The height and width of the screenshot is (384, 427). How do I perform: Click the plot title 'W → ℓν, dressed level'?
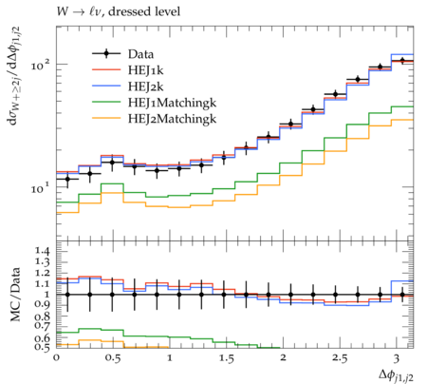pyautogui.click(x=119, y=11)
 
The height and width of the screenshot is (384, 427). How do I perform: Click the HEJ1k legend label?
pyautogui.click(x=146, y=70)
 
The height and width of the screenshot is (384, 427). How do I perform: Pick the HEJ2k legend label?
pyautogui.click(x=146, y=86)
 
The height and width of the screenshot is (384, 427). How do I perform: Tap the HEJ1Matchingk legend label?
pyautogui.click(x=173, y=103)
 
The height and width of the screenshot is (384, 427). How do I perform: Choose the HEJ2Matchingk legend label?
pyautogui.click(x=173, y=119)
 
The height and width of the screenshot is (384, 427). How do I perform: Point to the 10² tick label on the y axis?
pyautogui.click(x=41, y=65)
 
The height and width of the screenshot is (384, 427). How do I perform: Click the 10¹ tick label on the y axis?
pyautogui.click(x=41, y=188)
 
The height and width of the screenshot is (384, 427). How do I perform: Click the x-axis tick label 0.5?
pyautogui.click(x=113, y=358)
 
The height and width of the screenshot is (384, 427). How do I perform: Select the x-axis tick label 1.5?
pyautogui.click(x=226, y=358)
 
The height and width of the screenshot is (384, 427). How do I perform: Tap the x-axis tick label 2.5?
pyautogui.click(x=340, y=358)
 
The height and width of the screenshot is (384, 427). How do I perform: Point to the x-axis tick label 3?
pyautogui.click(x=396, y=358)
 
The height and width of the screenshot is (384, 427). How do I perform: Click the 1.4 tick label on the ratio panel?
pyautogui.click(x=43, y=251)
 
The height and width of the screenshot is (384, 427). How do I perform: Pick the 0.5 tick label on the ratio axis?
pyautogui.click(x=43, y=347)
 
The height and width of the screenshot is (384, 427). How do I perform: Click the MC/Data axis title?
pyautogui.click(x=15, y=295)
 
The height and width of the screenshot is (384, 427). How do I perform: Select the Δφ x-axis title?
pyautogui.click(x=396, y=375)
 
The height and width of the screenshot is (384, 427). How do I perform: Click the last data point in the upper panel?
pyautogui.click(x=402, y=60)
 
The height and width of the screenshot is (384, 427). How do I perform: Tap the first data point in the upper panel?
pyautogui.click(x=67, y=179)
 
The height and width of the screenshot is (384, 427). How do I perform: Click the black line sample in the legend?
pyautogui.click(x=106, y=54)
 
